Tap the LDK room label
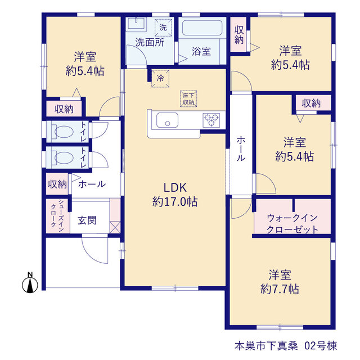tap(175, 188)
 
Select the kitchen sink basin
tap(167, 120)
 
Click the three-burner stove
tap(211, 120)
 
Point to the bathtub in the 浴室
tap(202, 28)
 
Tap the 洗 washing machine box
tap(163, 28)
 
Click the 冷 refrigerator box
tap(160, 79)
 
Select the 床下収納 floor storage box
tap(188, 99)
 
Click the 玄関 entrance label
tap(87, 220)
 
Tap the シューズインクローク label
tap(57, 216)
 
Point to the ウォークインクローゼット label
tap(292, 223)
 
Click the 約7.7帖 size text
tap(280, 289)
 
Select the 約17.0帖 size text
tap(175, 202)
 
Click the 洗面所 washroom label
tap(150, 43)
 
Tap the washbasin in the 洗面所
tap(136, 24)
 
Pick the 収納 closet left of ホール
tap(57, 184)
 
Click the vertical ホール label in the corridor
tap(241, 148)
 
